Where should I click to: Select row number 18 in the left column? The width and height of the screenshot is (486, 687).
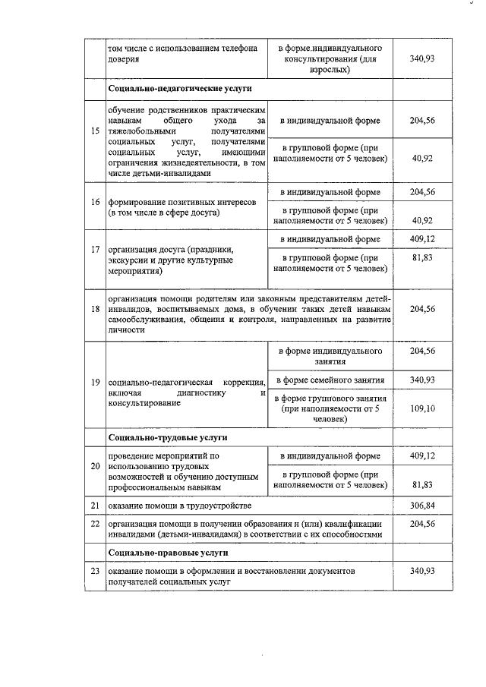coord(95,310)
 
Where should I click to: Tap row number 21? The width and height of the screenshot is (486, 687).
coord(95,505)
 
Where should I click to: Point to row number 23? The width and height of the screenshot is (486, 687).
coord(95,570)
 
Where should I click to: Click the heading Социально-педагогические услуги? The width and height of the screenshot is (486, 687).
coord(158,90)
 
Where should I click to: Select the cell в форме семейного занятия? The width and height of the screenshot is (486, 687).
coord(330,380)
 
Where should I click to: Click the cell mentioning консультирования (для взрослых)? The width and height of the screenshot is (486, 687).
coord(330,58)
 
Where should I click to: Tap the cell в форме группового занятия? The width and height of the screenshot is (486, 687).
coord(330,408)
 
